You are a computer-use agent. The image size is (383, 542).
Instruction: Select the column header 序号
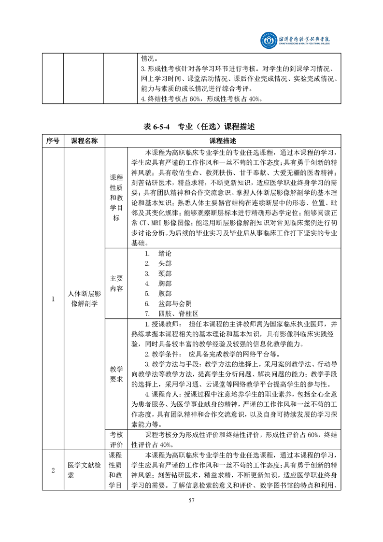click(x=53, y=141)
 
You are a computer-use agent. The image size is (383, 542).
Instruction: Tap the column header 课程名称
click(x=84, y=141)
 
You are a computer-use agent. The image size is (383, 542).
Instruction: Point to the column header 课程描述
click(x=223, y=141)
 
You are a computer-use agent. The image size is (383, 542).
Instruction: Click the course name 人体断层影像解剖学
click(x=84, y=299)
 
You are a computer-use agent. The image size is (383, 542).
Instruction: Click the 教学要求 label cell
click(x=116, y=374)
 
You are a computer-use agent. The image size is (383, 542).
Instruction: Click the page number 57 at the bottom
click(x=191, y=513)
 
